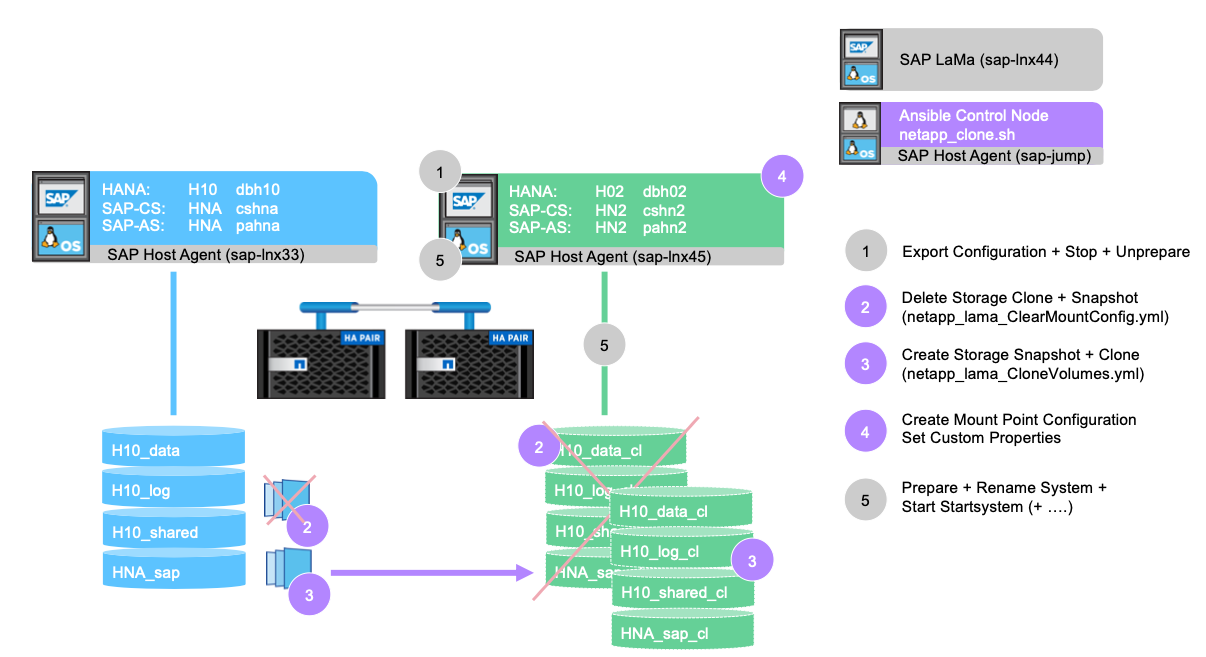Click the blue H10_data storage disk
click(x=174, y=450)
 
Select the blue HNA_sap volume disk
click(x=174, y=572)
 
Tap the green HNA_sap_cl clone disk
click(x=681, y=633)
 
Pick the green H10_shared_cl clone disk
click(x=681, y=592)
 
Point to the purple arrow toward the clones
click(x=430, y=573)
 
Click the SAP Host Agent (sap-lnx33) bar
click(x=205, y=255)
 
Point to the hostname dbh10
click(x=258, y=190)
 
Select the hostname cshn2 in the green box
click(x=665, y=210)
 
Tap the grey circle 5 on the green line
click(x=604, y=345)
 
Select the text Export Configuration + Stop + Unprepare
click(x=1045, y=252)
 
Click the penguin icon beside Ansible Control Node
click(x=857, y=120)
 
